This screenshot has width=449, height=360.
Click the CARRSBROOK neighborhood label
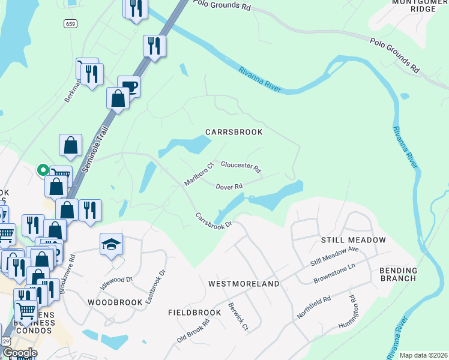(x=234, y=132)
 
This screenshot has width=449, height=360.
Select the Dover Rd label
(x=229, y=186)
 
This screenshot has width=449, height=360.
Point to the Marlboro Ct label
(x=199, y=174)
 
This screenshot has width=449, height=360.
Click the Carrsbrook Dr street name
(x=213, y=221)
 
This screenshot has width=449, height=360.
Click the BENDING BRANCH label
(x=398, y=274)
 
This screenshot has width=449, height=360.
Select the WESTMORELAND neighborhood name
(x=244, y=283)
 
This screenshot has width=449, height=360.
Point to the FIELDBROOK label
(x=195, y=313)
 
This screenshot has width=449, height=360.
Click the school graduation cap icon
(x=111, y=244)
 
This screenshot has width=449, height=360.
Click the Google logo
(x=20, y=353)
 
